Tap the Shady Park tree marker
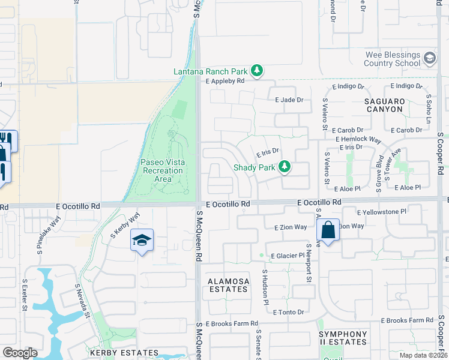pos(286,167)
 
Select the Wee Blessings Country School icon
pos(429,58)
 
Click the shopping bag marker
pos(328,230)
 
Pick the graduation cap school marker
pos(142,240)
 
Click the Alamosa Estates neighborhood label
pos(228,285)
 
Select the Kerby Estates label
pos(124,353)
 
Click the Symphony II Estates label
pos(343,338)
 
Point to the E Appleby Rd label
pos(225,81)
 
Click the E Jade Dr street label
pos(289,100)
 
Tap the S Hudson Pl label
pos(265,287)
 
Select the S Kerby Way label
pos(126,223)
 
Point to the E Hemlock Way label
pos(359,139)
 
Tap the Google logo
pos(20,353)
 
